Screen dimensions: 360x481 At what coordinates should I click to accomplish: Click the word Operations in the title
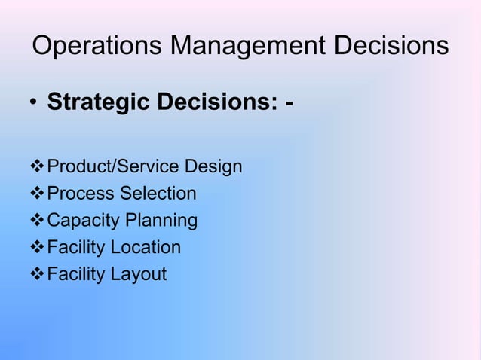pyautogui.click(x=96, y=47)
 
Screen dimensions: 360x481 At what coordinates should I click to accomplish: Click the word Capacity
pyautogui.click(x=80, y=221)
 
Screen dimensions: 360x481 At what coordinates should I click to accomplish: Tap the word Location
pyautogui.click(x=146, y=248)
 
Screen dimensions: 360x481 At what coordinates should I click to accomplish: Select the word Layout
pyautogui.click(x=138, y=275)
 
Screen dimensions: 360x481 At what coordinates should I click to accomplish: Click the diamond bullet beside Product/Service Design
pyautogui.click(x=37, y=166)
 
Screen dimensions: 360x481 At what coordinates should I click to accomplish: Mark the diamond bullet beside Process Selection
pyautogui.click(x=37, y=194)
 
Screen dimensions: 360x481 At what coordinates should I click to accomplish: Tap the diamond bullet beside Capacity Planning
pyautogui.click(x=37, y=221)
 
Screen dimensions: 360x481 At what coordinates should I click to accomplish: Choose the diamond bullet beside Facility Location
pyautogui.click(x=37, y=248)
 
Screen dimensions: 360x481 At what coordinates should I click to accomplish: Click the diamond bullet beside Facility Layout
pyautogui.click(x=37, y=275)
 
